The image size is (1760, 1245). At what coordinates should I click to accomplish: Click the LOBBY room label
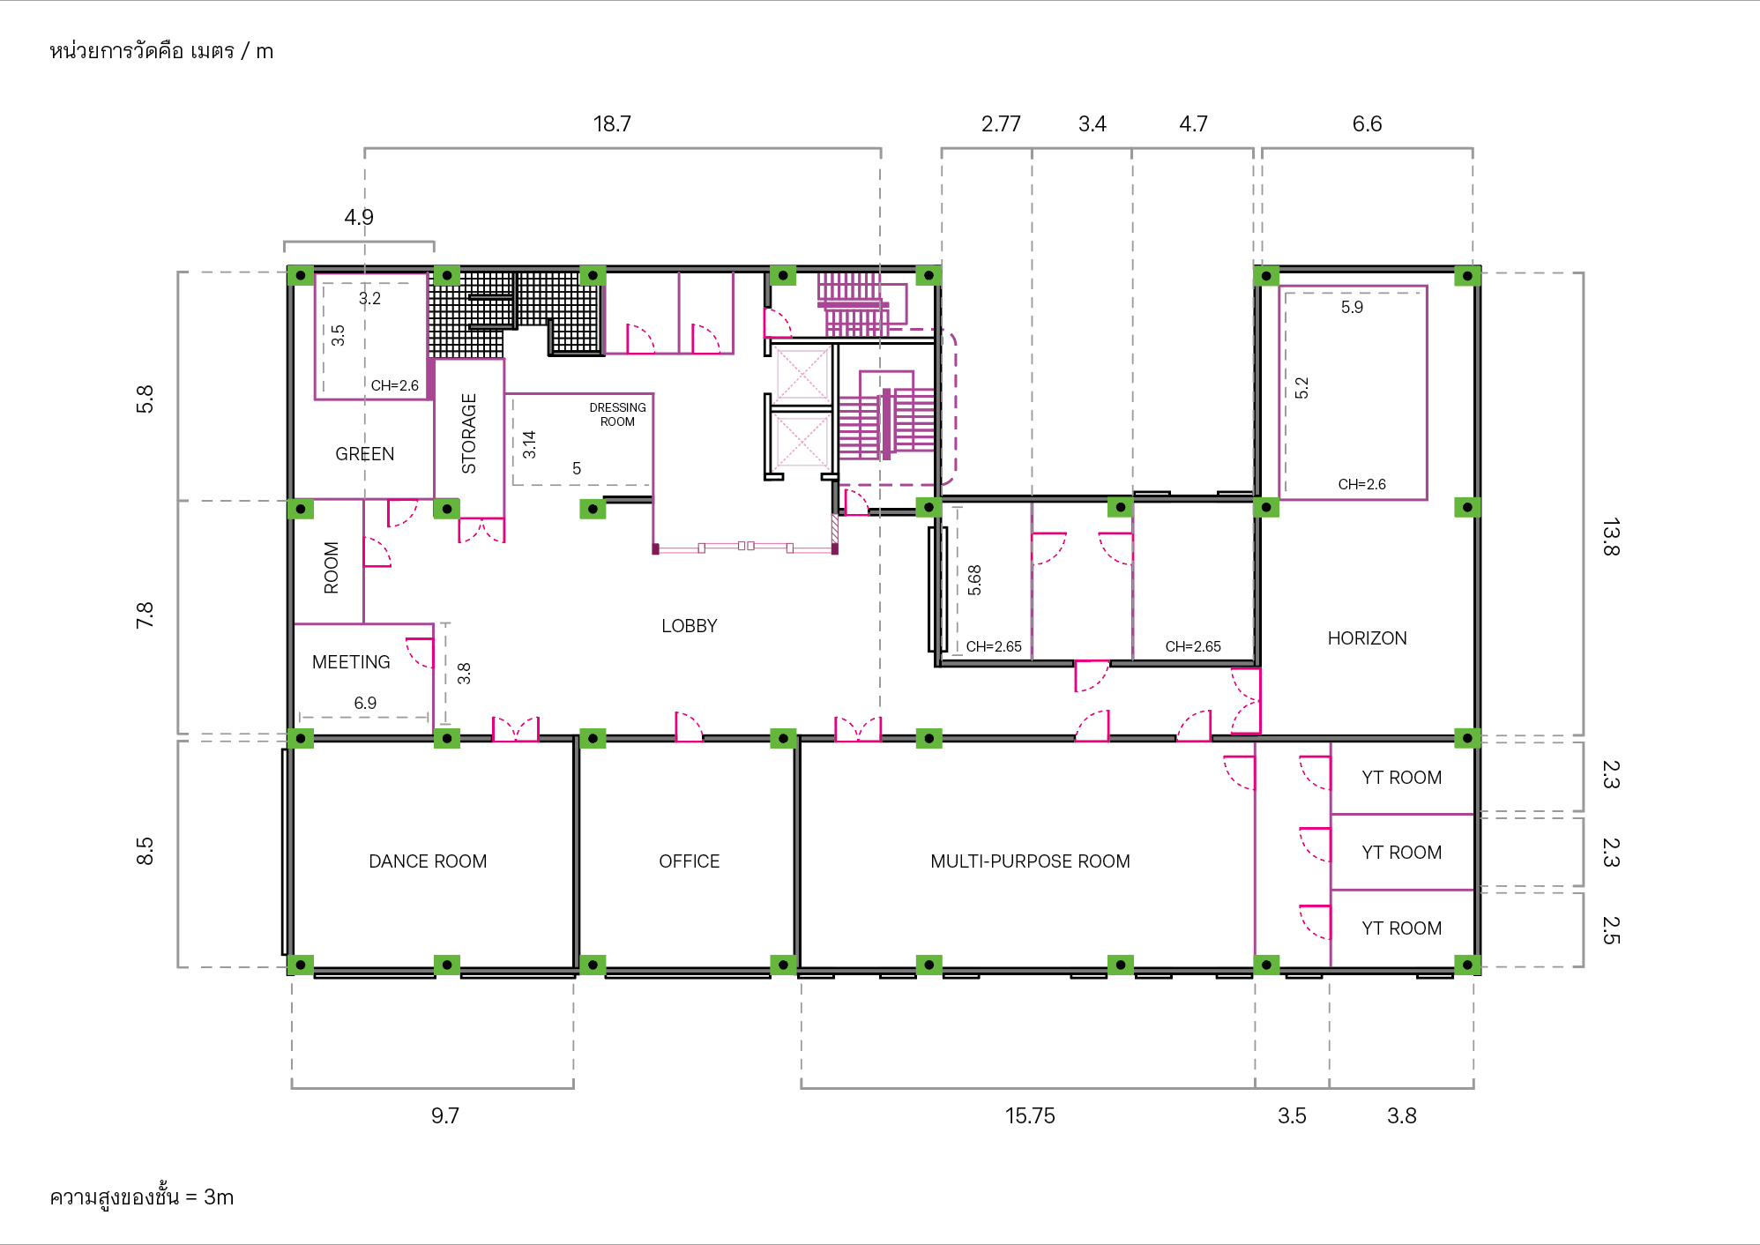click(690, 626)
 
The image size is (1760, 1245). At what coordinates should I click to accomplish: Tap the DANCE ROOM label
click(428, 861)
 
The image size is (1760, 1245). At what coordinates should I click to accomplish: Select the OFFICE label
click(690, 861)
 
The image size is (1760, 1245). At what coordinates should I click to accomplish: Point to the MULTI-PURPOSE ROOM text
click(1030, 861)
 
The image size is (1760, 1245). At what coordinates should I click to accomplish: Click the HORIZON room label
click(1367, 638)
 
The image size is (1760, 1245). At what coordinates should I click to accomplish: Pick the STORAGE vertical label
click(469, 434)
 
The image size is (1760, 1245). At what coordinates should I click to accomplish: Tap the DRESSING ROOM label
click(617, 414)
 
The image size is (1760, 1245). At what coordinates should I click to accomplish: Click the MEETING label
click(351, 662)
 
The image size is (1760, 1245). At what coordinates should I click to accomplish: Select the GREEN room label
click(365, 454)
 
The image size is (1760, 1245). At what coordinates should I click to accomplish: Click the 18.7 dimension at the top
click(612, 124)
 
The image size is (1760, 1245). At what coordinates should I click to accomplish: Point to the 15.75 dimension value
click(1030, 1116)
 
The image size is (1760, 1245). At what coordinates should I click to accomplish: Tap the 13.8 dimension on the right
click(1611, 537)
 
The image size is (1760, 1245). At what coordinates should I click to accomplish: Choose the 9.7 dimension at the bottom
click(445, 1116)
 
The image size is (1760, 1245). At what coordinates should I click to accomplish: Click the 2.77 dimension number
click(1001, 124)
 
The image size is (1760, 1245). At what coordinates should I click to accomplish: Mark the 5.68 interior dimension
click(974, 580)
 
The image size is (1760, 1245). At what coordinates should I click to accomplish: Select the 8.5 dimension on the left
click(145, 851)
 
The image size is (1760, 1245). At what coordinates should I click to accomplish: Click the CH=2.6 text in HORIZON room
click(1361, 484)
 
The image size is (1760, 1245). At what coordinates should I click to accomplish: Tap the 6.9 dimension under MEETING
click(365, 703)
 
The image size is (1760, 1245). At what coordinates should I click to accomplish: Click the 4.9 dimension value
click(359, 218)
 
